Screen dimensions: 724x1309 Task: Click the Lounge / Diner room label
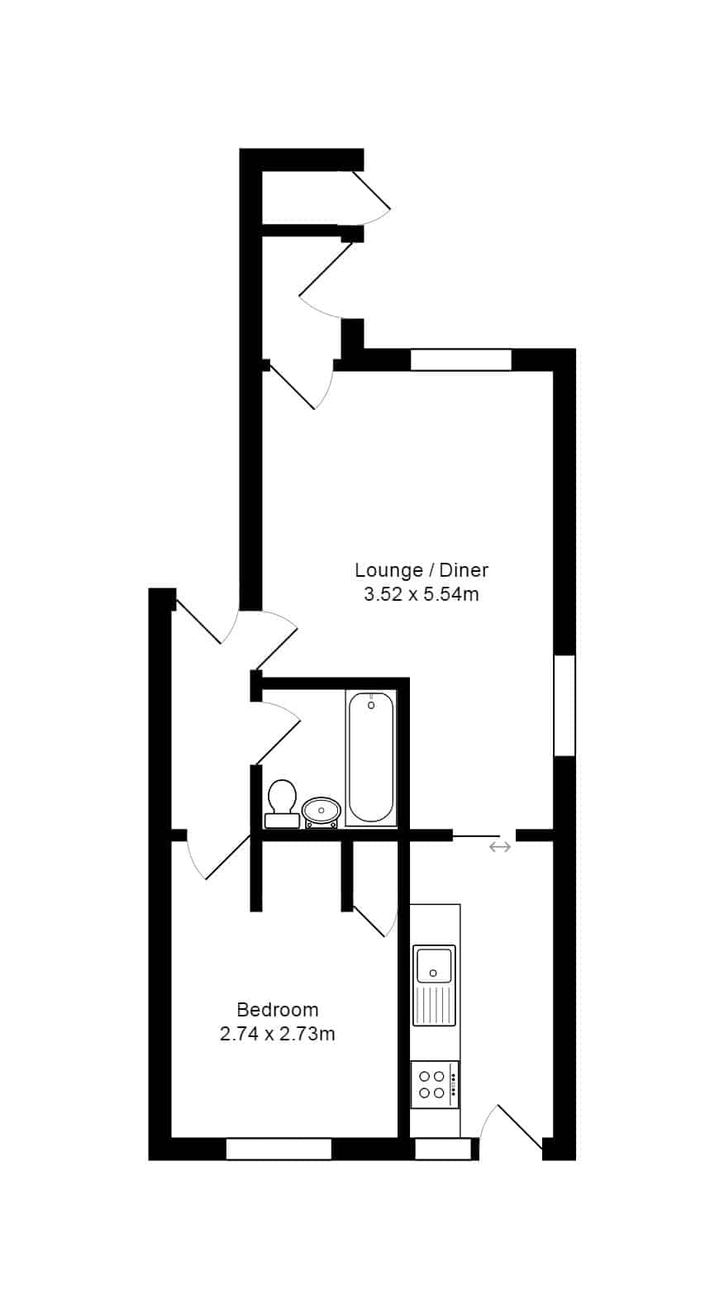point(422,569)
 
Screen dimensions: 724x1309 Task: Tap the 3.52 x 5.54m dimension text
point(422,594)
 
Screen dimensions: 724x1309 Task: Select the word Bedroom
point(278,1009)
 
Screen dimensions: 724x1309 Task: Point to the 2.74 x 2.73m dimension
point(278,1034)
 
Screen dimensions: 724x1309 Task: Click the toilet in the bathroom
point(282,803)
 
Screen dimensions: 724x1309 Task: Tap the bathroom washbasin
point(321,812)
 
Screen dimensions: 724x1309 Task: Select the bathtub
point(370,758)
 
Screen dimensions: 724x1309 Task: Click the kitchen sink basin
point(433,966)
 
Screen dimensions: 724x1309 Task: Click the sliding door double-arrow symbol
point(500,847)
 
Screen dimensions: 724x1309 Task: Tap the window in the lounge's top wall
point(461,359)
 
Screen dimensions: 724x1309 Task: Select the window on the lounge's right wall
point(564,706)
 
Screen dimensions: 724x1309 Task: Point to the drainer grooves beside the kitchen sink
point(434,1005)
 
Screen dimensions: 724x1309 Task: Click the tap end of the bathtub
point(371,703)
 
